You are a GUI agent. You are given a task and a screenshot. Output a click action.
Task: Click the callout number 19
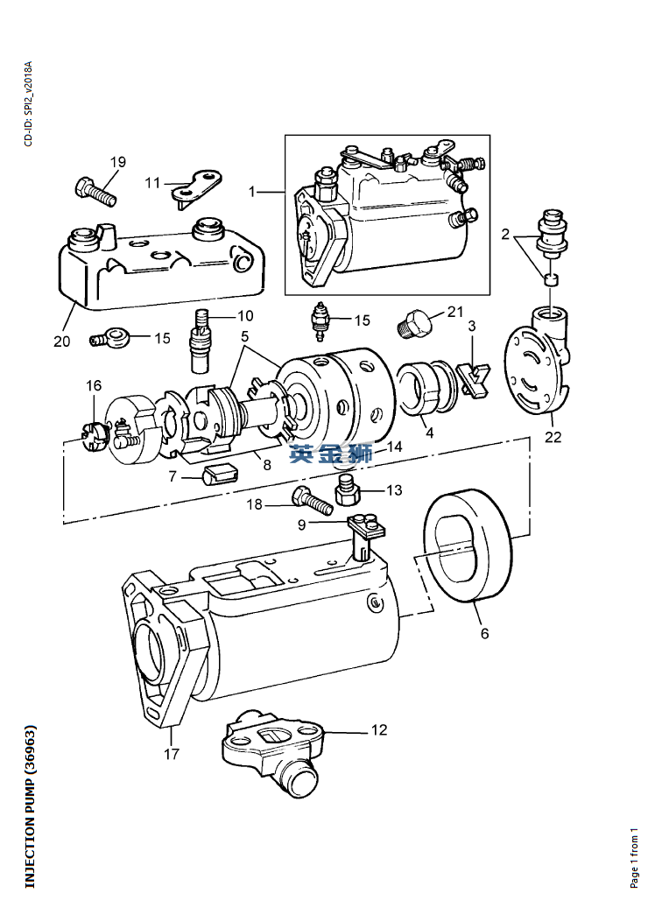point(117,162)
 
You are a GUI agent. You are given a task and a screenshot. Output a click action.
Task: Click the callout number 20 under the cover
point(62,341)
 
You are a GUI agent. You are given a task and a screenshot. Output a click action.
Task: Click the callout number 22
point(553,437)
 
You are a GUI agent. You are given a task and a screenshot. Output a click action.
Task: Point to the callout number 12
point(379,730)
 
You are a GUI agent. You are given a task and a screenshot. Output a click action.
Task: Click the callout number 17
point(172,754)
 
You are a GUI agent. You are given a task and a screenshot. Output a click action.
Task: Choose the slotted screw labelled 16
point(93,435)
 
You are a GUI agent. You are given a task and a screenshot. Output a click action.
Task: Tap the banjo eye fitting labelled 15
point(110,338)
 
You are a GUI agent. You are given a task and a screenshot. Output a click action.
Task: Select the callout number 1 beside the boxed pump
point(252,191)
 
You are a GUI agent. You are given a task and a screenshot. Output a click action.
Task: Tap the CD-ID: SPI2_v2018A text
point(28,103)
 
